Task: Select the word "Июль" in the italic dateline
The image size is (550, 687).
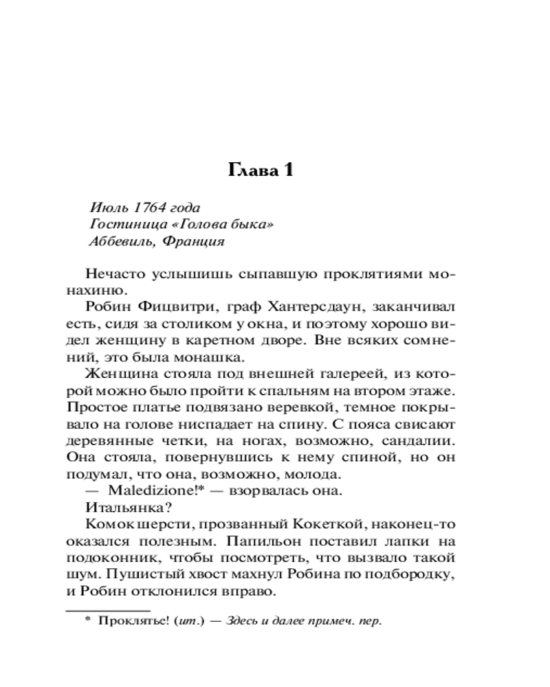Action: [x=105, y=207]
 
